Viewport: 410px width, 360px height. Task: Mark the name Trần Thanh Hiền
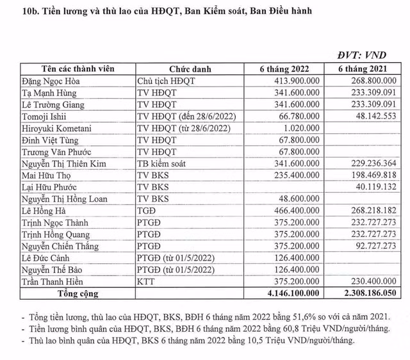tap(54, 281)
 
